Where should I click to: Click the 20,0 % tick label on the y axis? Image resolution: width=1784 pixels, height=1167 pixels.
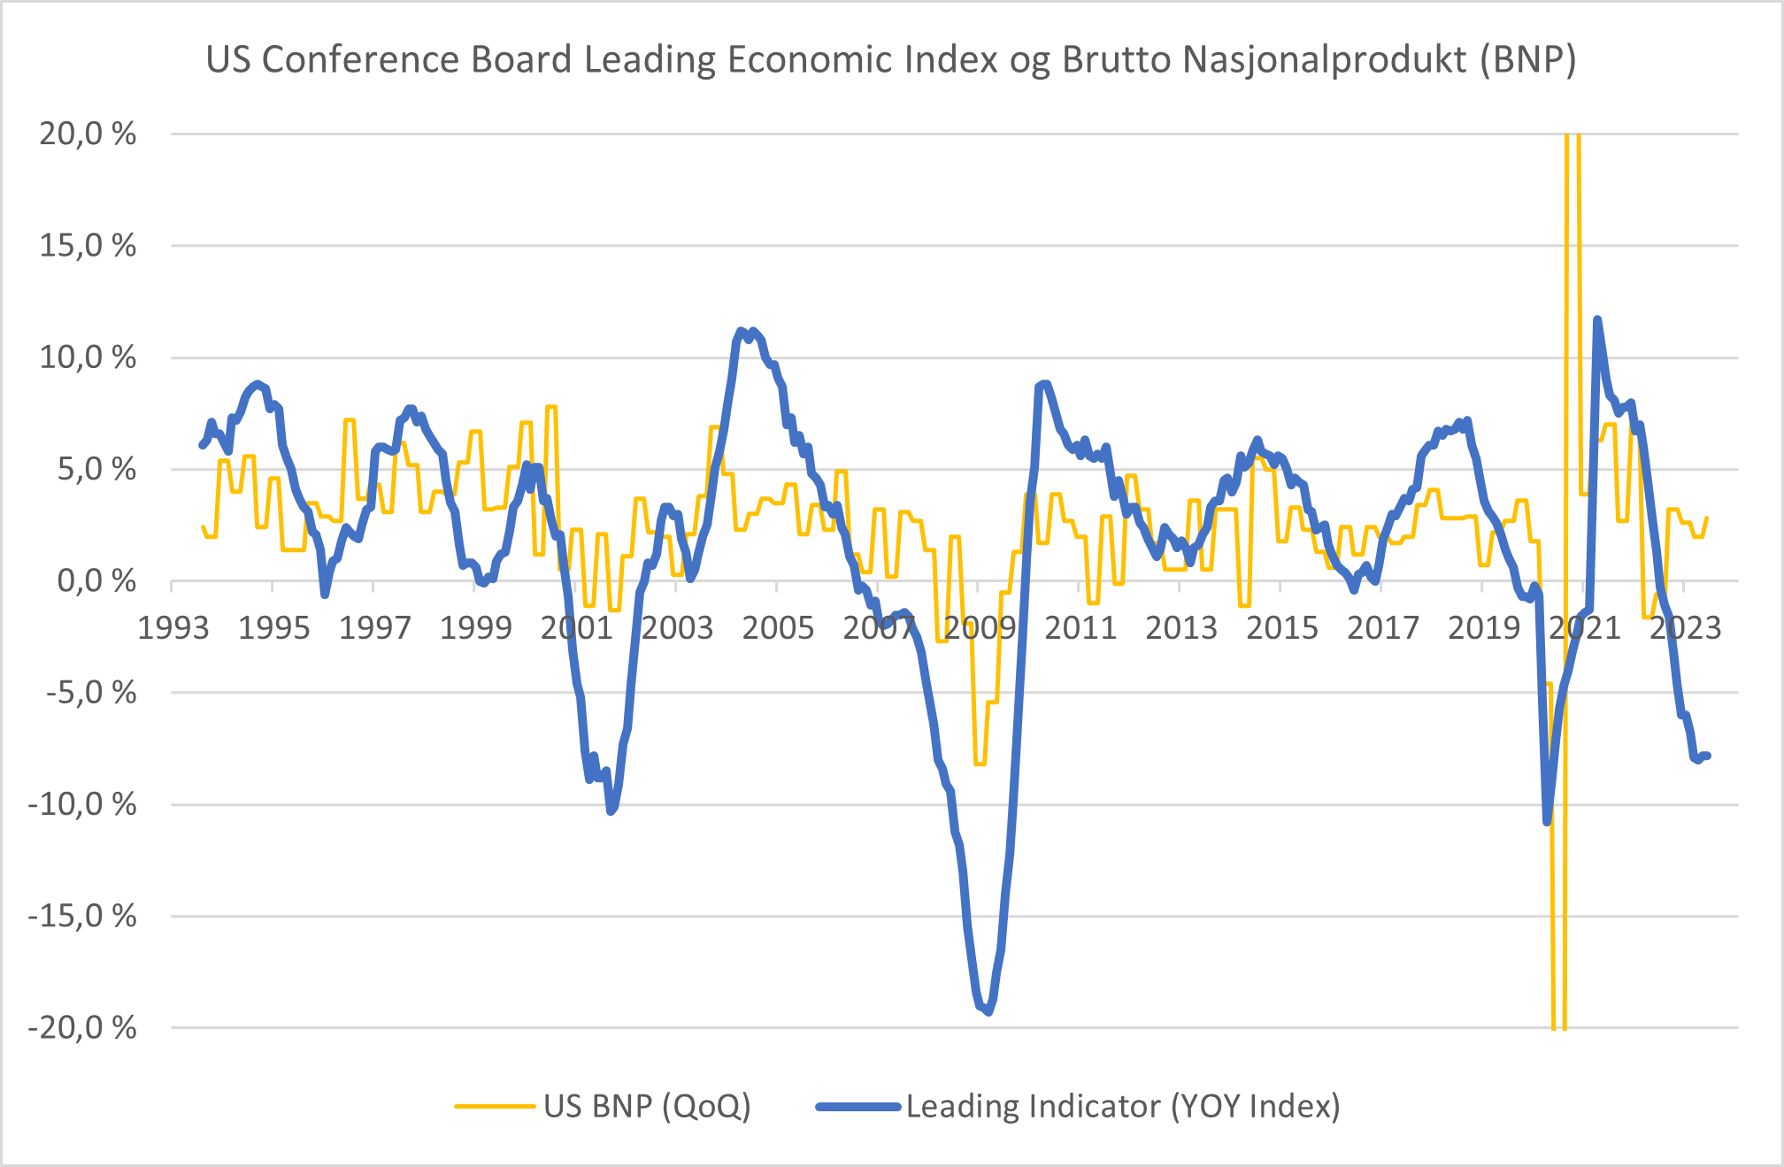tap(88, 134)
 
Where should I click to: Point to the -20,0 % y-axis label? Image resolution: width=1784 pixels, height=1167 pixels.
tap(82, 1028)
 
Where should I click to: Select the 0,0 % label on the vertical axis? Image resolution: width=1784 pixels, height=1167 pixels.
tap(96, 581)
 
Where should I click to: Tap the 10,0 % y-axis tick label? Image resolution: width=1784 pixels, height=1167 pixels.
tap(88, 358)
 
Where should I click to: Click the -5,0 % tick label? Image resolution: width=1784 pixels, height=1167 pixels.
tap(91, 693)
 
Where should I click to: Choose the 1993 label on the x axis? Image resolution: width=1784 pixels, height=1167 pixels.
tap(173, 628)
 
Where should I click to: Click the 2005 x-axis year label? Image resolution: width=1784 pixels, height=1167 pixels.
tap(778, 628)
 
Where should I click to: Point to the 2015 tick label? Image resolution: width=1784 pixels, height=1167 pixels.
tap(1282, 628)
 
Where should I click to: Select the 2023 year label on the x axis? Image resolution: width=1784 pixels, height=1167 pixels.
tap(1685, 628)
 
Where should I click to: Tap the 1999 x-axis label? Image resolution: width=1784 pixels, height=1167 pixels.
tap(476, 628)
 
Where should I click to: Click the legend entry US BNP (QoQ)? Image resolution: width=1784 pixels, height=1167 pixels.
tap(647, 1106)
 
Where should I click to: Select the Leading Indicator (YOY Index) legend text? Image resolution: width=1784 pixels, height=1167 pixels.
tap(1123, 1106)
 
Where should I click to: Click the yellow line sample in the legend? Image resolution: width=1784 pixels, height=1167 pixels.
tap(495, 1106)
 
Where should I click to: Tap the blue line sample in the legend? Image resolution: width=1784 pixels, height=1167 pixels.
tap(857, 1106)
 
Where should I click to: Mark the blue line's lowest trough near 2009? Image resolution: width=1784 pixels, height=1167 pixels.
tap(988, 1011)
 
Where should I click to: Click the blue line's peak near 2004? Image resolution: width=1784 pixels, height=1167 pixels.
tap(742, 331)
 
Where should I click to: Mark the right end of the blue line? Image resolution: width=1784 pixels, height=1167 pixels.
tap(1708, 755)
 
